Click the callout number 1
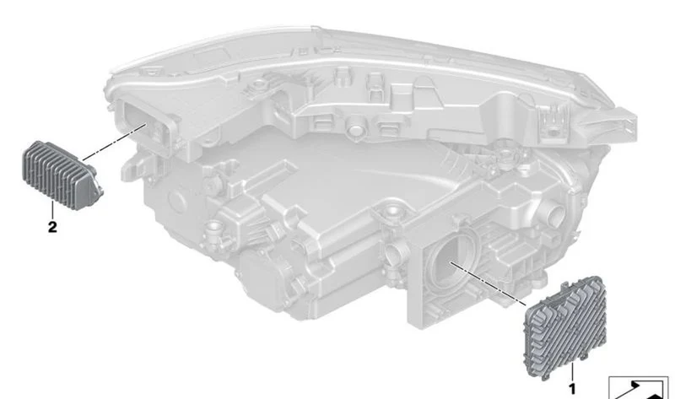click(x=572, y=390)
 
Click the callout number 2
click(x=52, y=227)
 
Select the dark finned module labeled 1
click(x=564, y=328)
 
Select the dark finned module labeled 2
click(x=62, y=175)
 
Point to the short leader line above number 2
click(x=52, y=209)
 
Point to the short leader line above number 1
click(x=573, y=372)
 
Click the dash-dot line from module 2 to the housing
click(x=114, y=142)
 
